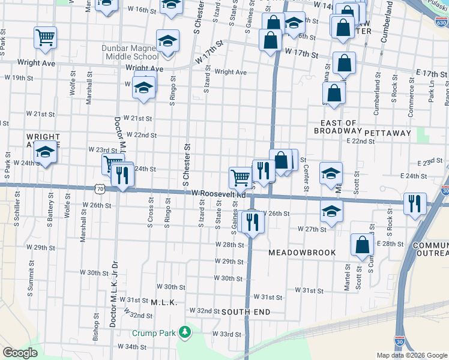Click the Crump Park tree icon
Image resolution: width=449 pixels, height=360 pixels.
coord(186,331)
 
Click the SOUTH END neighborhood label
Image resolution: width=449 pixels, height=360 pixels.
coord(246,312)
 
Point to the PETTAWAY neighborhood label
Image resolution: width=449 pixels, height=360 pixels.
coord(387,133)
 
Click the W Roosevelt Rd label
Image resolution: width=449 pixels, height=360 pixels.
coord(219,194)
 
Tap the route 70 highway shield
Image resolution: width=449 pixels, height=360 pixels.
coord(100,188)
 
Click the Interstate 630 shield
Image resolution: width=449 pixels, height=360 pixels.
coord(441,23)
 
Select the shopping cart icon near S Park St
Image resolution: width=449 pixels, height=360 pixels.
coord(46,38)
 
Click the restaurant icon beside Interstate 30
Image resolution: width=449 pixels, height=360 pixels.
coord(415,203)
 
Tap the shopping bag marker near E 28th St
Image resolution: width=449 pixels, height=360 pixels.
coord(363,245)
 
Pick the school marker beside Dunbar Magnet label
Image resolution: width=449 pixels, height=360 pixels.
coord(168,41)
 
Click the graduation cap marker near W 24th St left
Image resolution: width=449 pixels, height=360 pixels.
coord(45,152)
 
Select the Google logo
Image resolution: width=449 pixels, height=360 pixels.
coord(20,353)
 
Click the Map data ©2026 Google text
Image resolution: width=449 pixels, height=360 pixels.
coord(411,355)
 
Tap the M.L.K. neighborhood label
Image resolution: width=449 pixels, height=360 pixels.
coord(163,303)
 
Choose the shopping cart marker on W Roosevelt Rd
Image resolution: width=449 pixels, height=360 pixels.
coord(240,177)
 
